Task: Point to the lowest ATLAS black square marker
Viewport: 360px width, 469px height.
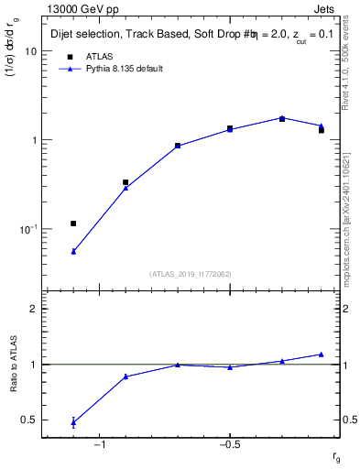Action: pyautogui.click(x=73, y=224)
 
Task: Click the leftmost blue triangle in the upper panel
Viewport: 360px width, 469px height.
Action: pyautogui.click(x=73, y=251)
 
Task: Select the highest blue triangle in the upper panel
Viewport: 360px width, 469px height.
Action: pyautogui.click(x=282, y=117)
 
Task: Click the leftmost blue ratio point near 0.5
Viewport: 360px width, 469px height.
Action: pyautogui.click(x=73, y=422)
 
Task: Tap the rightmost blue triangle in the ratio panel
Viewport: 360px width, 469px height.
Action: pyautogui.click(x=322, y=354)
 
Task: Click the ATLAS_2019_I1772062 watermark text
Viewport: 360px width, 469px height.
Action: pyautogui.click(x=191, y=274)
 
